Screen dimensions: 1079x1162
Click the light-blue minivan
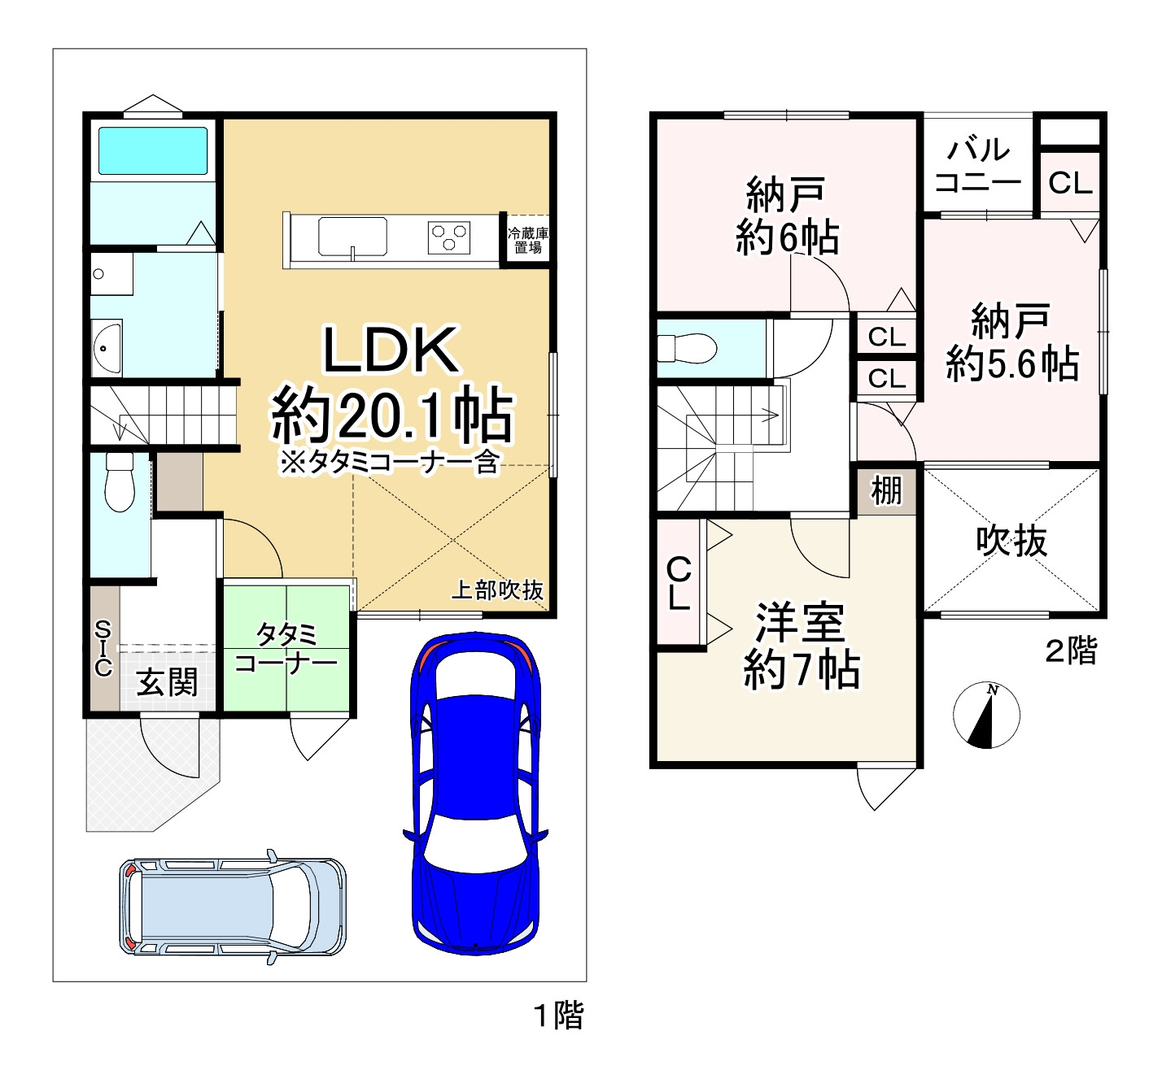point(233,906)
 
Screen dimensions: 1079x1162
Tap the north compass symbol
point(986,715)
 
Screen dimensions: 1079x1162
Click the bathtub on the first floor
point(153,150)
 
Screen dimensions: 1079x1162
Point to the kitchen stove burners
point(449,237)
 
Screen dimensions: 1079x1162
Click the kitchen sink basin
point(353,237)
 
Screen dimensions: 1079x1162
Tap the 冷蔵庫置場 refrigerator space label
point(528,240)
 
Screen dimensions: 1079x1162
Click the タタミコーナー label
point(286,648)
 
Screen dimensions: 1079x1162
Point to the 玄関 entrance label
point(167,681)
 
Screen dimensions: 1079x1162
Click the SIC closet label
point(103,648)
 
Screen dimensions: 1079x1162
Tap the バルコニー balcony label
point(978,166)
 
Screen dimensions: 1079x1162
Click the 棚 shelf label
point(886,490)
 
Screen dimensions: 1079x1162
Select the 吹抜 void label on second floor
point(1011,540)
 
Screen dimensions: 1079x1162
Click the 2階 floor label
point(1071,650)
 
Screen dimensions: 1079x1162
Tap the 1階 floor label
point(559,1015)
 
